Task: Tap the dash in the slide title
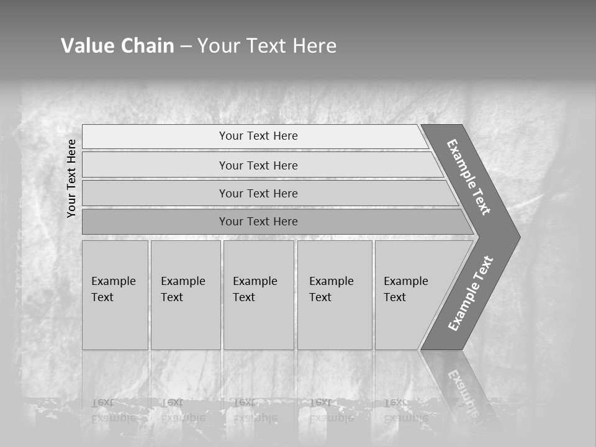[186, 47]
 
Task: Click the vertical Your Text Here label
[71, 179]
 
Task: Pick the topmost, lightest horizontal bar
[258, 136]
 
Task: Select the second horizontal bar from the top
[258, 165]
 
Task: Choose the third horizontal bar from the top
[258, 193]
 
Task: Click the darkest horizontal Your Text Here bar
[258, 222]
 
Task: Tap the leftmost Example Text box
[115, 295]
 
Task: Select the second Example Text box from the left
[185, 295]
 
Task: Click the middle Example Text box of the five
[258, 295]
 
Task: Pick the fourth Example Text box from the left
[334, 295]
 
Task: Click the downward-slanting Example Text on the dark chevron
[469, 177]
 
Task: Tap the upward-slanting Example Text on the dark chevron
[471, 294]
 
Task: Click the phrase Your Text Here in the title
[267, 46]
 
